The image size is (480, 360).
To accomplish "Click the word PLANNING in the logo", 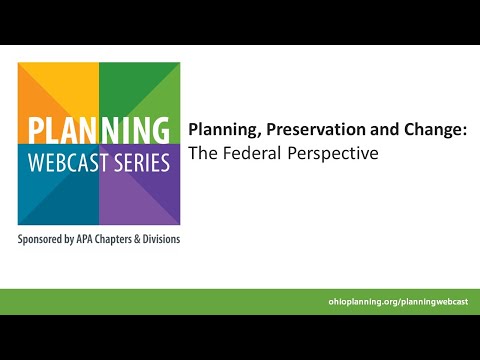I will click(98, 131).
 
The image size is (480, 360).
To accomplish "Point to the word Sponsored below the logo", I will click(44, 241).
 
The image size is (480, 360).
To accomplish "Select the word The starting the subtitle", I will click(203, 154).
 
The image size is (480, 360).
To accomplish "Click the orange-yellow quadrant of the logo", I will click(55, 90).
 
